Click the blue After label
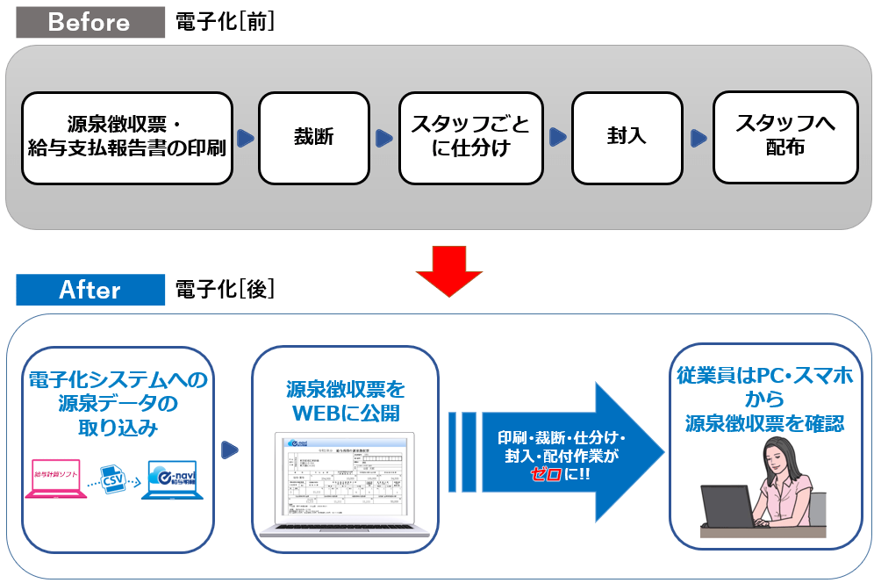coord(90,290)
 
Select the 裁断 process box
coord(313,138)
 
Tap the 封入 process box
coord(626,138)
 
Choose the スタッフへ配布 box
coord(784,138)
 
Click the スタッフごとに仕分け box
coord(470,138)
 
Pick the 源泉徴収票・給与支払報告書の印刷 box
coord(127,138)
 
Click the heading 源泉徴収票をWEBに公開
coord(345,399)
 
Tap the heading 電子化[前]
coord(225,23)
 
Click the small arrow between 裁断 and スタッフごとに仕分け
coord(383,138)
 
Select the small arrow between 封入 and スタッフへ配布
coord(698,138)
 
